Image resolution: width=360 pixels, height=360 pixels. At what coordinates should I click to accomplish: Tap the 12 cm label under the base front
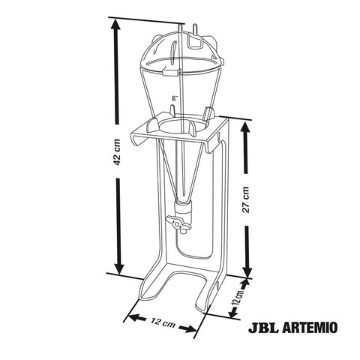pos(161,323)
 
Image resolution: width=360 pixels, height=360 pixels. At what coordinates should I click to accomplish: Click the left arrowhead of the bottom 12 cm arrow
pos(129,315)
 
